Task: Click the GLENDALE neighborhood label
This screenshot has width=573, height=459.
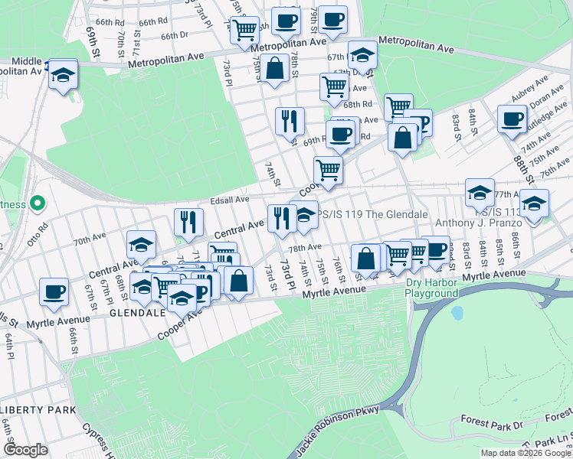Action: point(138,313)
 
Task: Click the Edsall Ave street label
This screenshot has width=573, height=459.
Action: point(230,200)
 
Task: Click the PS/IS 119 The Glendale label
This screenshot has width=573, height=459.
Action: point(372,214)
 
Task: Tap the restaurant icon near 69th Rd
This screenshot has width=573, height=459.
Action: point(290,121)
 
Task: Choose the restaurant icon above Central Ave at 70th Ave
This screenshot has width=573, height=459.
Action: point(188,222)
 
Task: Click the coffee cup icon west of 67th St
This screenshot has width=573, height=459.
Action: point(54,291)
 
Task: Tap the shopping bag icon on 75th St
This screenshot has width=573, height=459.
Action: point(274,68)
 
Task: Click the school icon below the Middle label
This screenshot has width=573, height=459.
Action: point(64,75)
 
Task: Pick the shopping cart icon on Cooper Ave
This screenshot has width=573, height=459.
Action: point(329,170)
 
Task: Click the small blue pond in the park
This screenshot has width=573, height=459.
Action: point(457,314)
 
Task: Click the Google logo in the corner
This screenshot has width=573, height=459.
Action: point(25,450)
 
